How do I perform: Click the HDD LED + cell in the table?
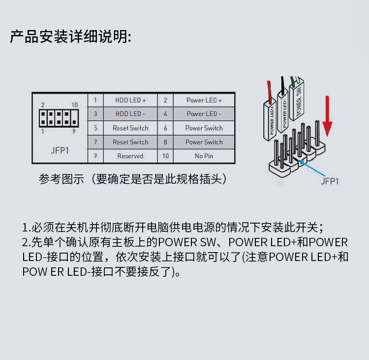[130, 100]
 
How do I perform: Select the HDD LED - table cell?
[130, 114]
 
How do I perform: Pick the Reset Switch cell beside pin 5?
[130, 128]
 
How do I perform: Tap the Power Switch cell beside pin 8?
[204, 142]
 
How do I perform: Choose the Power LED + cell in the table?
[204, 100]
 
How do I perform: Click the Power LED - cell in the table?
[204, 114]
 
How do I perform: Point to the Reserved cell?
[130, 156]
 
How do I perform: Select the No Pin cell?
[204, 156]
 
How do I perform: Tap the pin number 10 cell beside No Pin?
[165, 156]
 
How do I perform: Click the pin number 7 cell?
[95, 142]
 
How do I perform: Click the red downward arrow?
[327, 118]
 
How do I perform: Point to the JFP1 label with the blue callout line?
[330, 181]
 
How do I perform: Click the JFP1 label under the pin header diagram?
[60, 150]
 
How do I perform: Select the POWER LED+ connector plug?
[271, 118]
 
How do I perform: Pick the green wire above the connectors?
[293, 81]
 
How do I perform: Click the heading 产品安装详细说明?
[71, 37]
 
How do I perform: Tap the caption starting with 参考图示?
[133, 179]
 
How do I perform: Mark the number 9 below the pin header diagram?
[74, 131]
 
